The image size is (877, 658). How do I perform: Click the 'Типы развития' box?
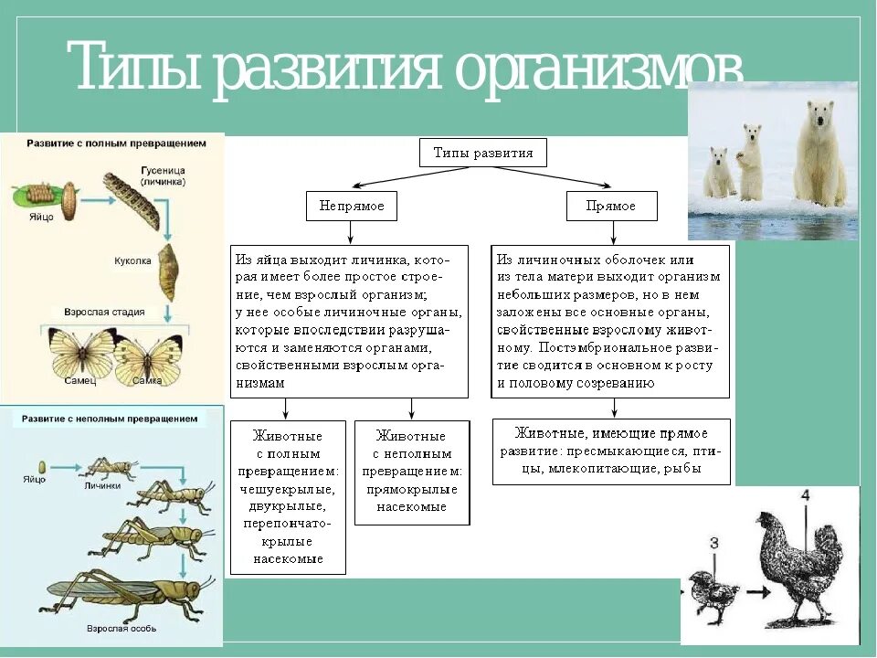pos(482,153)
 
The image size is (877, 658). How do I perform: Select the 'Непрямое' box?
pos(352,207)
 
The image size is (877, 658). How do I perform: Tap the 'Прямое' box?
pos(612,207)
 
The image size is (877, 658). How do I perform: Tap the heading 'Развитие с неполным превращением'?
pos(111,419)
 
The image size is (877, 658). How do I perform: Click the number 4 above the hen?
pos(804,495)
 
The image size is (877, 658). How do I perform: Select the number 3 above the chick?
pos(714,543)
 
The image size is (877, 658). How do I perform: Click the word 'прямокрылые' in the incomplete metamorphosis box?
pos(412,490)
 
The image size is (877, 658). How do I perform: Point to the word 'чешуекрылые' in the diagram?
pos(288,489)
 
